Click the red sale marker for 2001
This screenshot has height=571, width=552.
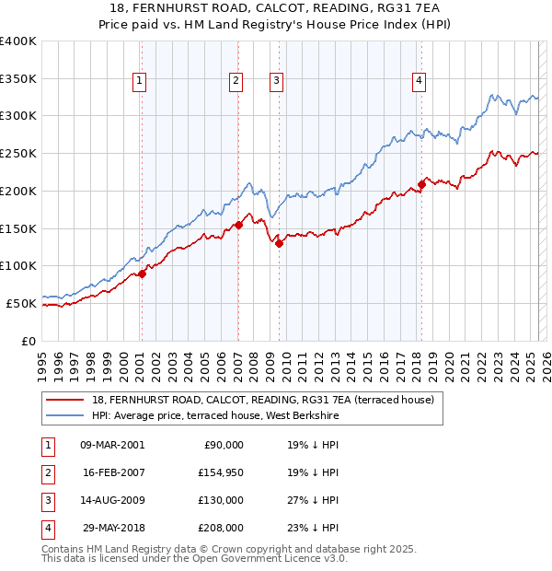142,274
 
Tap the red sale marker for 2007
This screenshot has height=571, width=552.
238,225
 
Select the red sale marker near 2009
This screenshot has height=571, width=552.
279,243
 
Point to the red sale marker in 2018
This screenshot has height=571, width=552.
421,184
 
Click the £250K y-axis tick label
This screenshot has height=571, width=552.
18,154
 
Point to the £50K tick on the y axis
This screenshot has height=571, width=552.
21,303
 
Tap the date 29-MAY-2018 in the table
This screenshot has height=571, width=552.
112,528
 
